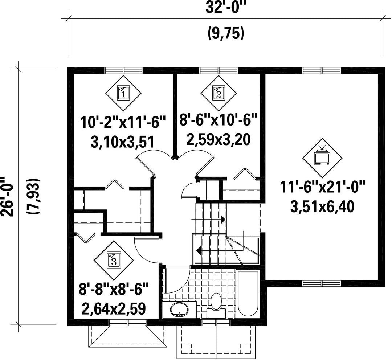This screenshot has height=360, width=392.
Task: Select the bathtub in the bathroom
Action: [x=248, y=294]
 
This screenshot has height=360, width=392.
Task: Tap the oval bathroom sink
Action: [x=179, y=310]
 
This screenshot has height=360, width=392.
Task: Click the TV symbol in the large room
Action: [x=322, y=158]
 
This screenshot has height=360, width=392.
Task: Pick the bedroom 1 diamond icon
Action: [x=123, y=93]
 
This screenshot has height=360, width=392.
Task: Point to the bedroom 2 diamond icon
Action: [x=219, y=93]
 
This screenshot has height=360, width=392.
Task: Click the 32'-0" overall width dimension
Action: [x=225, y=8]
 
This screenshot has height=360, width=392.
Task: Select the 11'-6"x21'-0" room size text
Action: [x=322, y=188]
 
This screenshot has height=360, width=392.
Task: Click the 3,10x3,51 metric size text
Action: [x=122, y=142]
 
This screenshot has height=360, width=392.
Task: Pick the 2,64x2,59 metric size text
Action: [x=114, y=308]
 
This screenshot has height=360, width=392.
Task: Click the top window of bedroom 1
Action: [x=123, y=70]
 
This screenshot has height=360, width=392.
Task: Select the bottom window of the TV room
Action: [x=322, y=283]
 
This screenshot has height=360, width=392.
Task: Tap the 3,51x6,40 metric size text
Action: [x=322, y=207]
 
